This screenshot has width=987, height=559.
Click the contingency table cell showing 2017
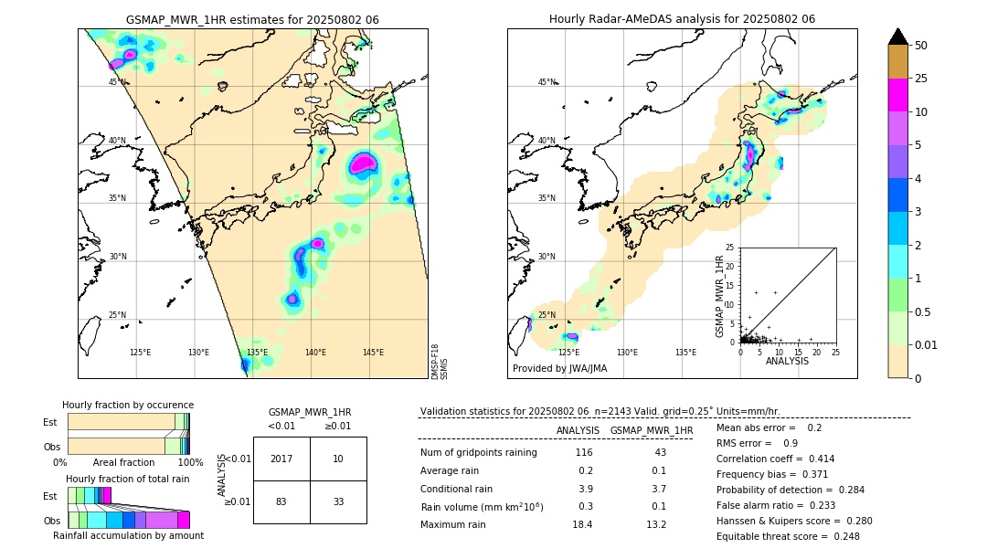coord(281,459)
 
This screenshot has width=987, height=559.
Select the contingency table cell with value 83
coord(281,501)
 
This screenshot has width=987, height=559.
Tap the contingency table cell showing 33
coord(338,501)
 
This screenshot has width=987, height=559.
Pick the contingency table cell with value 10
coord(338,459)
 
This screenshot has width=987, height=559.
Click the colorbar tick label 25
coord(922,79)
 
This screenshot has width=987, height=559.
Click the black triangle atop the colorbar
coord(898,37)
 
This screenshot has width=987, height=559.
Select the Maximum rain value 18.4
coord(582,524)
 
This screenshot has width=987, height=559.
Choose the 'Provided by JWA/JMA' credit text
coord(559,369)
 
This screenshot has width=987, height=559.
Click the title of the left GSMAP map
coord(252,19)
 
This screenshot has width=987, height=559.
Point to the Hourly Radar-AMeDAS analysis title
coord(682,19)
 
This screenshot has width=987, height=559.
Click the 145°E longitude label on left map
coord(373,353)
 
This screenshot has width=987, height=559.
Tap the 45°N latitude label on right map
coord(547,82)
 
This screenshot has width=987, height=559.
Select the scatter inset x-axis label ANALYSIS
coord(787,361)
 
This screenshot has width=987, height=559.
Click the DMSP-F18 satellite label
coord(434,355)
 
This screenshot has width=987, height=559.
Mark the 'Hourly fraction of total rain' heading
coord(128,479)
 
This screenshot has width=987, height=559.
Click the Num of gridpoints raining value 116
coord(583,453)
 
